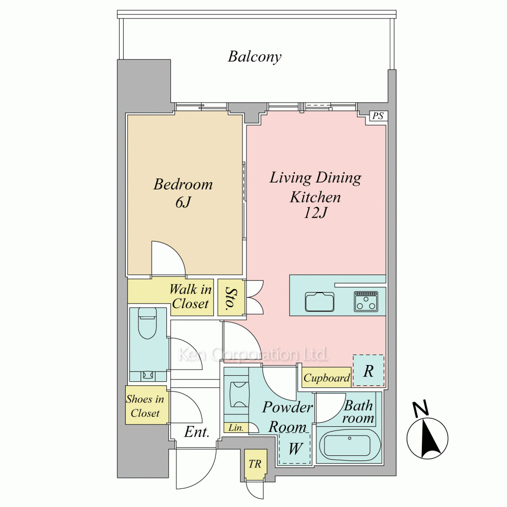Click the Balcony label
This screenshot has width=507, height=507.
click(x=255, y=57)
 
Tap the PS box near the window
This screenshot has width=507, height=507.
click(x=378, y=116)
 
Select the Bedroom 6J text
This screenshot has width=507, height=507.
click(x=183, y=193)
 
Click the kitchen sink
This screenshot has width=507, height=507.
click(x=320, y=302)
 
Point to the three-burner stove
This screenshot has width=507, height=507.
click(x=366, y=301)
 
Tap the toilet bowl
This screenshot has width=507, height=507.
click(x=148, y=323)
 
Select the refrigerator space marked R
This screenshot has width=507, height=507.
click(x=368, y=370)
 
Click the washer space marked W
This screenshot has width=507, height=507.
click(x=295, y=449)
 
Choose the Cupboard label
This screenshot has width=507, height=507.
click(x=327, y=378)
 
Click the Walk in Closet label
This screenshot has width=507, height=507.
click(x=191, y=296)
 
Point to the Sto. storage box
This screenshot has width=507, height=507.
click(x=231, y=297)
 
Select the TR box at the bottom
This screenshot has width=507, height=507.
click(x=256, y=464)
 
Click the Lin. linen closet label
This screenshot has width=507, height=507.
click(x=236, y=428)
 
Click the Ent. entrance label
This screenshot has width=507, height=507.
click(x=197, y=431)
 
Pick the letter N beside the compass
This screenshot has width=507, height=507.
click(x=421, y=409)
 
